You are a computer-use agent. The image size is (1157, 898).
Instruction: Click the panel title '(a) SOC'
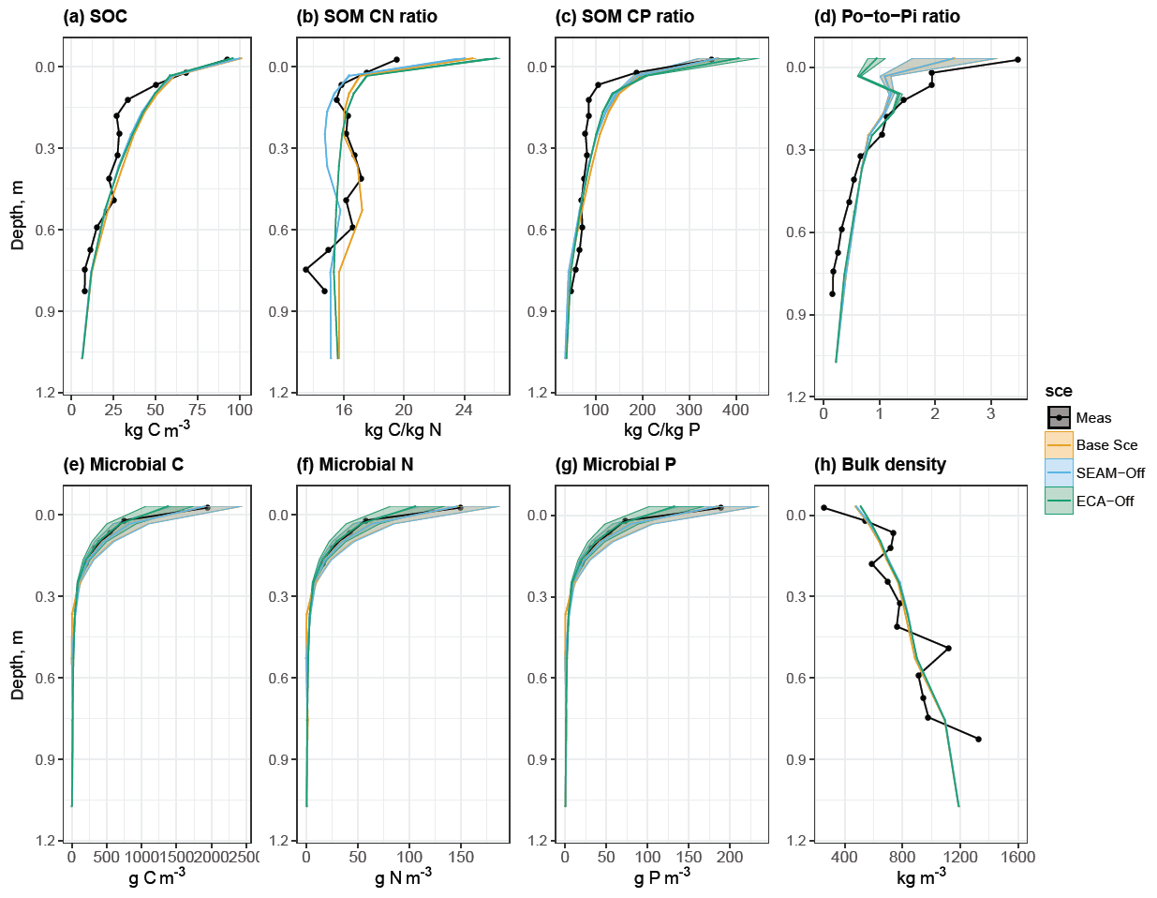click(x=95, y=17)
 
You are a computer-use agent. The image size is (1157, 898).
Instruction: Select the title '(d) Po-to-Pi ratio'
click(x=887, y=17)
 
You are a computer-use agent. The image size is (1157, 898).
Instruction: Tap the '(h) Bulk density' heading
click(x=881, y=465)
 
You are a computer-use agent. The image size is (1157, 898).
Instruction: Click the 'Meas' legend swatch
click(x=1059, y=418)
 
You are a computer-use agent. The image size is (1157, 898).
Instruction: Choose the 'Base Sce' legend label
click(x=1106, y=445)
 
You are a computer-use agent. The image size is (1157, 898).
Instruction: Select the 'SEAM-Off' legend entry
click(x=1110, y=473)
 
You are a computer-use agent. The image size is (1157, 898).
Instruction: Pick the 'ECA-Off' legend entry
click(x=1105, y=501)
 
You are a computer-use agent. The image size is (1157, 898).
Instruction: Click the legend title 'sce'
click(x=1059, y=391)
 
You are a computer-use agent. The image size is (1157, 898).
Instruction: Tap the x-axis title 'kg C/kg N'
click(x=403, y=430)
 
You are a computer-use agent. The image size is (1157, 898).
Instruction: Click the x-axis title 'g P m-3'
click(x=661, y=878)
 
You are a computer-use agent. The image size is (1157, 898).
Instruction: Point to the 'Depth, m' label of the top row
click(x=18, y=216)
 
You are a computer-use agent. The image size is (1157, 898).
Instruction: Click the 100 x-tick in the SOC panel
click(x=240, y=410)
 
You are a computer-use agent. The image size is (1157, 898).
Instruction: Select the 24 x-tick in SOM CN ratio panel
click(x=464, y=410)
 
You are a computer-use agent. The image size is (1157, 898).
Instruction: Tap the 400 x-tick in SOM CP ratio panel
click(x=736, y=410)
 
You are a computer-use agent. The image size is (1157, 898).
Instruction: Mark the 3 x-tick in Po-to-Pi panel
click(x=991, y=414)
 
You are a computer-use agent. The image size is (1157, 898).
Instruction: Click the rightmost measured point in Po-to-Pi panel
click(x=1017, y=60)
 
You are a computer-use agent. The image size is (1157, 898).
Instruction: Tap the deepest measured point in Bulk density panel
click(x=978, y=739)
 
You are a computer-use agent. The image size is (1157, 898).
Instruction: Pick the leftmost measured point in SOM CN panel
click(x=305, y=269)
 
